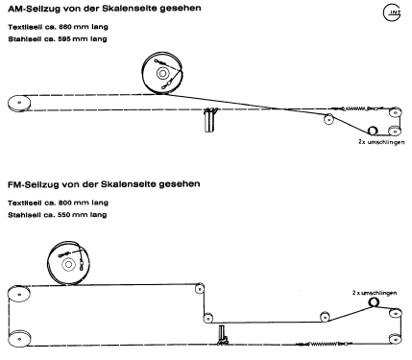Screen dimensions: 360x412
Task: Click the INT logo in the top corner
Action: pos(393,12)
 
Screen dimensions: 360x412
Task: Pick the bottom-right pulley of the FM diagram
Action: pos(392,338)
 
